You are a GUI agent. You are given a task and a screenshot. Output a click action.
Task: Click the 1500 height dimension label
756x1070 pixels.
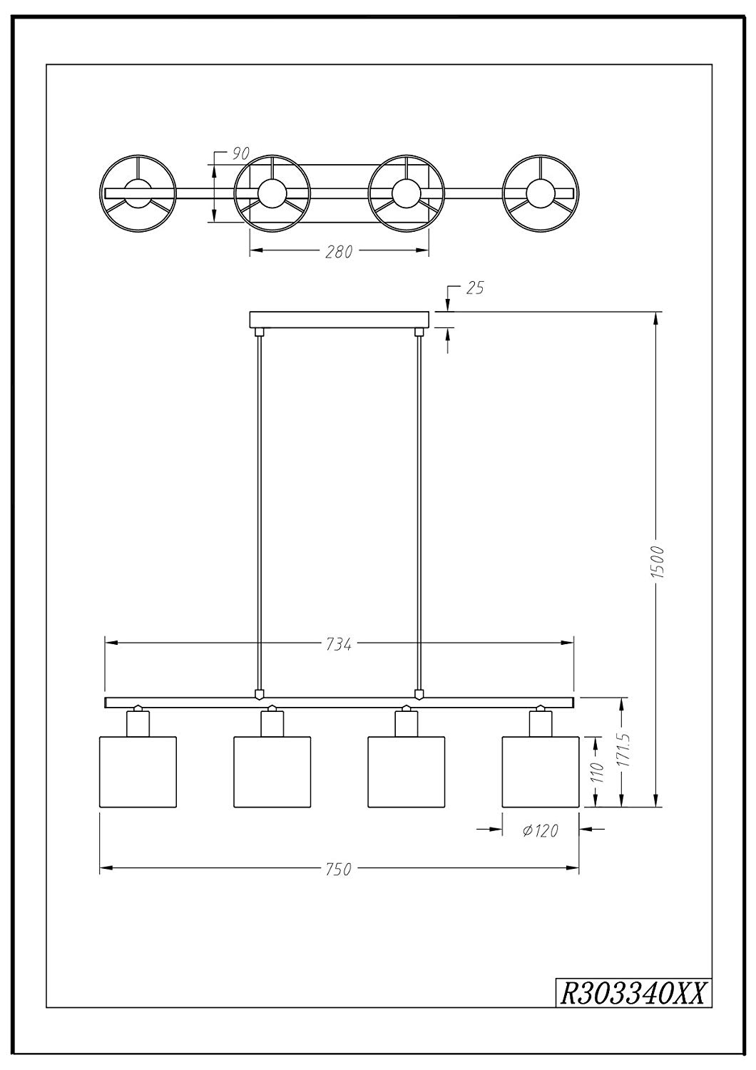(x=658, y=562)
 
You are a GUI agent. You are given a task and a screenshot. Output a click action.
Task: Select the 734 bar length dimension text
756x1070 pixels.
(x=339, y=644)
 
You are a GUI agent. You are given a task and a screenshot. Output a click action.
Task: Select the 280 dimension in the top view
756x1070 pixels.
(x=339, y=252)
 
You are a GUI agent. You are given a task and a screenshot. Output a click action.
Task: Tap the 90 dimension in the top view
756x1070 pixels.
(x=241, y=153)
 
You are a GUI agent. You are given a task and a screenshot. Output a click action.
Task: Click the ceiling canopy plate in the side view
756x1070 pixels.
(x=339, y=320)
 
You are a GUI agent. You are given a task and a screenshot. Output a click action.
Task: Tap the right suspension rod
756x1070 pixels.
(x=419, y=512)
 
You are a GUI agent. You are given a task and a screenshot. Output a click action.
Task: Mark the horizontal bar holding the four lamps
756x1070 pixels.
(x=339, y=702)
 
